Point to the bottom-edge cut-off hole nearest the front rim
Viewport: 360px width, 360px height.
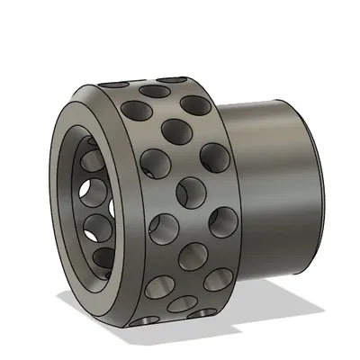[x=145, y=319]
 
